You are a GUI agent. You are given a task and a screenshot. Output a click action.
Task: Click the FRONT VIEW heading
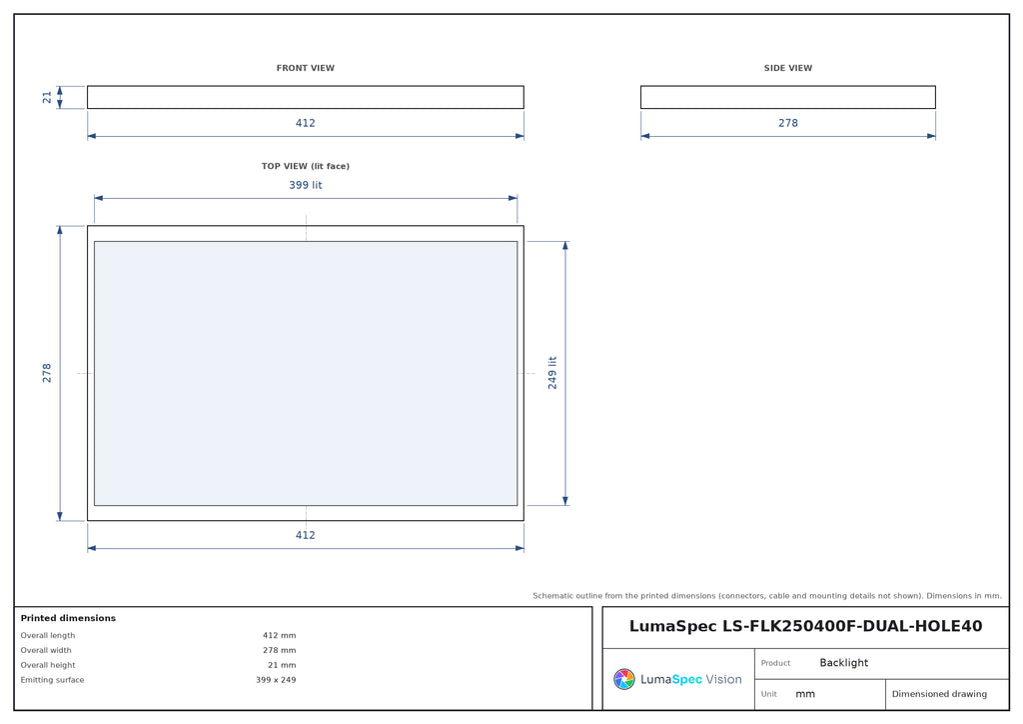coord(306,68)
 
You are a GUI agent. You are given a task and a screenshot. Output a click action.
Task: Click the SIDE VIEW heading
coord(788,68)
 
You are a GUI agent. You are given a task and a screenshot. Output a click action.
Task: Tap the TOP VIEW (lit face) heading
coord(306,166)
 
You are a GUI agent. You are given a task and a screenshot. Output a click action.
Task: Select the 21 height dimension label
coord(47,97)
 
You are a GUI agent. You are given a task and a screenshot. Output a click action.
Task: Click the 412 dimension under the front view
coord(306,123)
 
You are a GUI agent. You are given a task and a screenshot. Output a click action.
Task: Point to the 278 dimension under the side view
coord(788,123)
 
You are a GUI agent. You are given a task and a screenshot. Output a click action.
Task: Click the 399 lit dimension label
coord(306,185)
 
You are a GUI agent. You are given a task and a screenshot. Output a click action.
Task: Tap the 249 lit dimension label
coord(552,373)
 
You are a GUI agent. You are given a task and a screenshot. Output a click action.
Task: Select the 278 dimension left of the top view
coord(47,373)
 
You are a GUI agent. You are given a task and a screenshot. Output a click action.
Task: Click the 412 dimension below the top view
coord(306,535)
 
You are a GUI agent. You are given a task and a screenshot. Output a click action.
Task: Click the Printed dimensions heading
coord(68,618)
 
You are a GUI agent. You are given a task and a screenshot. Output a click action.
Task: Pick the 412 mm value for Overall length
coord(280,635)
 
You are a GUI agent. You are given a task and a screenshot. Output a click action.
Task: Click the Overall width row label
coord(46,650)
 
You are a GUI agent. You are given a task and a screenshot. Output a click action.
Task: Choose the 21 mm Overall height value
coord(282,665)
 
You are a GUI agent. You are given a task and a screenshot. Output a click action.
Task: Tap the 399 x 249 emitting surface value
coord(276,680)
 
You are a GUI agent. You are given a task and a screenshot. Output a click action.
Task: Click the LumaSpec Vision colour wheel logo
coord(623,679)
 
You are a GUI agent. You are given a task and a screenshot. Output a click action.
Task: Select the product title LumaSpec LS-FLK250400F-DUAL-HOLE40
coord(806,626)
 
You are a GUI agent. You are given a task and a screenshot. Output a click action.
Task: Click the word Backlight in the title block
coord(843,663)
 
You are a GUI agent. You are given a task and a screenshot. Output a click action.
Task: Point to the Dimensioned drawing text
coord(939,694)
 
